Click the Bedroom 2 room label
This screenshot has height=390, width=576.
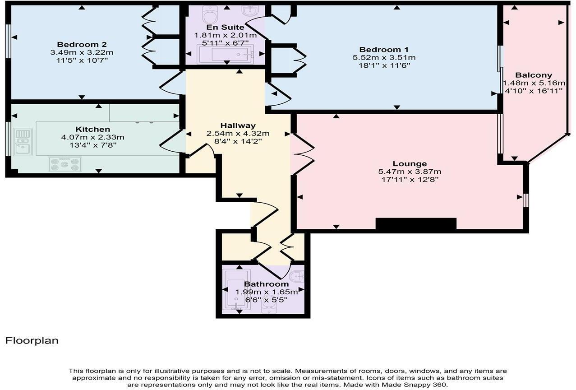click(82, 44)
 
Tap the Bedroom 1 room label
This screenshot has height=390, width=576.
click(384, 49)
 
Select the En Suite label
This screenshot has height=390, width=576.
click(226, 28)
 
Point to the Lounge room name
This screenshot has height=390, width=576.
click(410, 163)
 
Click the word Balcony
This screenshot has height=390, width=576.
click(534, 75)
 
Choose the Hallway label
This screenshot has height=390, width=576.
click(238, 125)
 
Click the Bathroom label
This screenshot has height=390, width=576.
click(266, 284)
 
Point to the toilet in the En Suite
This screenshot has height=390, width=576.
click(210, 15)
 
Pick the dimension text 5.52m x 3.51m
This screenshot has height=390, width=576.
click(384, 57)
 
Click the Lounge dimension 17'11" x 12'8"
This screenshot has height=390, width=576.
click(410, 179)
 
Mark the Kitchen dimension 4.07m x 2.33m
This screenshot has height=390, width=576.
click(92, 137)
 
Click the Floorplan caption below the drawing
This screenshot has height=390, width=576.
click(32, 340)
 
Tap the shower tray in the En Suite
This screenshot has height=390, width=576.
click(225, 55)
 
